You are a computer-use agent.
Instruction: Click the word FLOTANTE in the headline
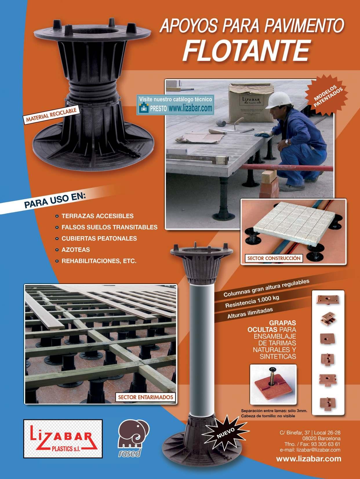click(247, 51)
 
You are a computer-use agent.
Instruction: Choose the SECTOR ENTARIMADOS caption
click(146, 397)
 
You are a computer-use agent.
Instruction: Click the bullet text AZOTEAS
click(76, 250)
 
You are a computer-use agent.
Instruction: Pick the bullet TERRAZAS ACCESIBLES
click(97, 216)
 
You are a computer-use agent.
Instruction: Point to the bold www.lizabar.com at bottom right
click(308, 458)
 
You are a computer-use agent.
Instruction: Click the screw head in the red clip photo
click(272, 369)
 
